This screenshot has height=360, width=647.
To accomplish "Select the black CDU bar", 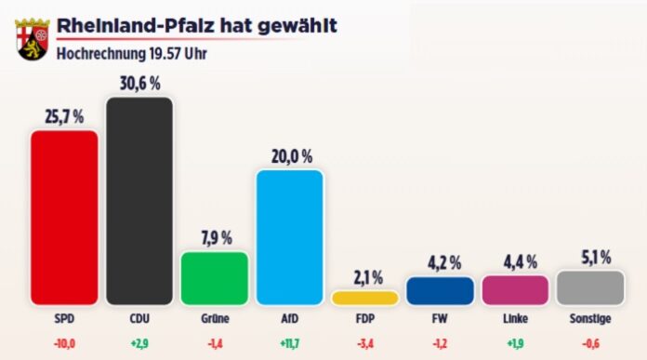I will coord(139,201).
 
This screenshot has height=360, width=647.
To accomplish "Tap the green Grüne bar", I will coord(214,278).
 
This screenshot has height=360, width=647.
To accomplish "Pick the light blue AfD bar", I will coord(289,237).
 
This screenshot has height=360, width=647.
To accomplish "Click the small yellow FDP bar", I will coord(364,298).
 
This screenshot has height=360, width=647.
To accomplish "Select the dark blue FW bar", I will coord(440,290).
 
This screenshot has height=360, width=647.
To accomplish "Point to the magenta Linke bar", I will coord(515,289).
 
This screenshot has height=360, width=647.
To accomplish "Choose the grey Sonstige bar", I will coord(590,287).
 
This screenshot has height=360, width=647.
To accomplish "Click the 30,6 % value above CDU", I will coord(139,82).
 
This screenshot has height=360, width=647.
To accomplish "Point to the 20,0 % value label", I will coord(289,155).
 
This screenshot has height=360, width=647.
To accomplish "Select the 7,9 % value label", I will coord(214,237).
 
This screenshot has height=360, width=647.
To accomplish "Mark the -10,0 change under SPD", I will coord(64,343).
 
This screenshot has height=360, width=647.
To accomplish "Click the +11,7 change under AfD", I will coord(289,343).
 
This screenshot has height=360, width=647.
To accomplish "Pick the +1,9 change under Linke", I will coord(515,343).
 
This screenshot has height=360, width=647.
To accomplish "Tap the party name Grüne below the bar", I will coord(214,319).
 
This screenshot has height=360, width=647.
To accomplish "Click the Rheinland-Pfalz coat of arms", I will coord(30,37).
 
